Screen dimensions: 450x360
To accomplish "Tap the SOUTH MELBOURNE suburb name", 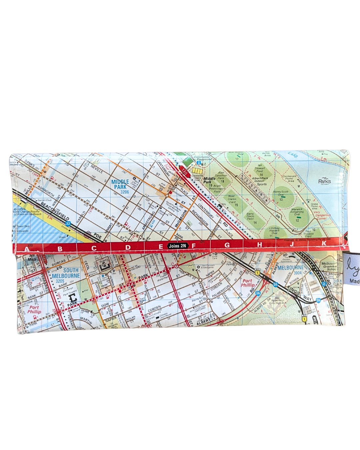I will point(67,273).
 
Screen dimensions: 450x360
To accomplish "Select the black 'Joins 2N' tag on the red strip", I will point(177,246).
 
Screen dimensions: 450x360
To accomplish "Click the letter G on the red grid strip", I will point(227,245).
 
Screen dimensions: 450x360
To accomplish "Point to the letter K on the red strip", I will point(324,244).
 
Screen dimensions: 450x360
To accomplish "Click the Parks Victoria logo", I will point(324,181).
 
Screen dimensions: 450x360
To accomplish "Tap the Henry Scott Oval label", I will point(281,193).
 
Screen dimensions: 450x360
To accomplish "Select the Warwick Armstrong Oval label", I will point(297,212).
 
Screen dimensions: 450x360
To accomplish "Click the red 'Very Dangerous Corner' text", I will point(322,215).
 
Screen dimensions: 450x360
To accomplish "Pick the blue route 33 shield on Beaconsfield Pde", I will point(68,224).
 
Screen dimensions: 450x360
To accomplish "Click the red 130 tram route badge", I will point(184,172).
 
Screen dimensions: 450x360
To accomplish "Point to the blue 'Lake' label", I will point(293,155).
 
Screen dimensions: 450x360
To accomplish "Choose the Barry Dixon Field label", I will point(250,216).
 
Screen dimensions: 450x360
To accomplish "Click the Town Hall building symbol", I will point(104,265).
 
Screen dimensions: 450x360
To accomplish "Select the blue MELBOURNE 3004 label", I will point(291,270).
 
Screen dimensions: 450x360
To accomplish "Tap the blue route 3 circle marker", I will point(324,284).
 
